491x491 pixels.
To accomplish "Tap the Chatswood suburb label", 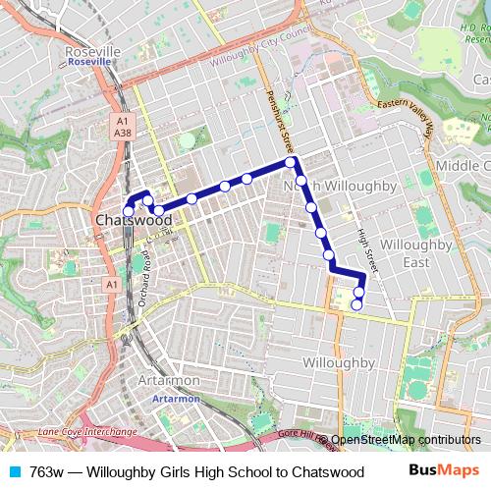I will click(134, 220).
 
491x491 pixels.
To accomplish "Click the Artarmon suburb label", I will click(169, 380).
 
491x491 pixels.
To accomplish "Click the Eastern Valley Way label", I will click(402, 108).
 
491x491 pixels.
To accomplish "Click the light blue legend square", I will click(14, 471).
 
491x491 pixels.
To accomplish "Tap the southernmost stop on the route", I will click(356, 304).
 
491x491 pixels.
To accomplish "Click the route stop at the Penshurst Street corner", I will click(291, 161).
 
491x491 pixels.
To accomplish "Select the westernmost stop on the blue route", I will click(128, 211).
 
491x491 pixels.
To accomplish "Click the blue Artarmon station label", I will click(177, 399).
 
